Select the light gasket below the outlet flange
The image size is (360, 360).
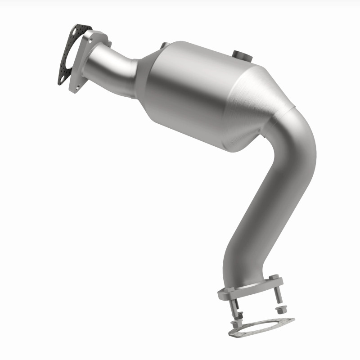click(x=261, y=326)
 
